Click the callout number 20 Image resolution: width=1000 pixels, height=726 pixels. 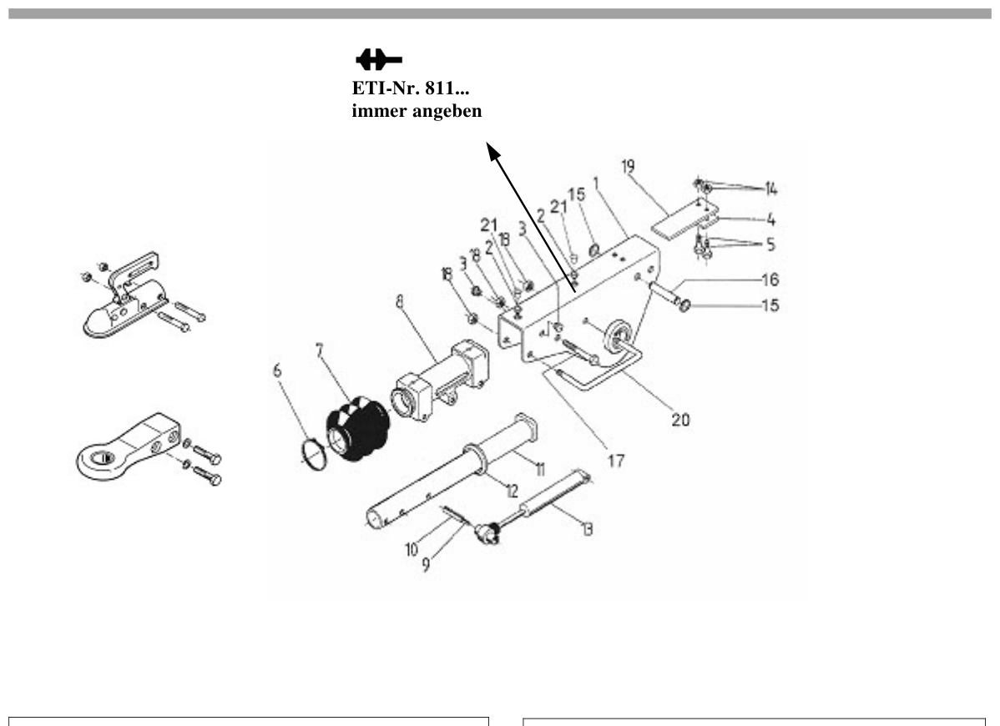[x=680, y=420]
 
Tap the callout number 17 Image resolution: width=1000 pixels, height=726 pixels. [x=616, y=460]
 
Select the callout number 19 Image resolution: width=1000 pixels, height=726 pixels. [x=629, y=166]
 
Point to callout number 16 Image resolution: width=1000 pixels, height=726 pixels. [x=770, y=280]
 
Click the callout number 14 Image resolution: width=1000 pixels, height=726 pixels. [x=771, y=189]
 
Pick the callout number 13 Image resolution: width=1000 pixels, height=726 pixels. [x=587, y=528]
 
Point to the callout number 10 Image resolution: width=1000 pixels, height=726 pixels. [x=412, y=549]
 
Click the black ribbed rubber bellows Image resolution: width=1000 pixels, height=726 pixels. [x=357, y=427]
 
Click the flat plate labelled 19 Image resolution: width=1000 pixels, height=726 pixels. [x=684, y=219]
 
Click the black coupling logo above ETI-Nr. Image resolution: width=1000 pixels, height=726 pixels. [x=379, y=61]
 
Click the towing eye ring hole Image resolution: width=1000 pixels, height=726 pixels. [x=104, y=457]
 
